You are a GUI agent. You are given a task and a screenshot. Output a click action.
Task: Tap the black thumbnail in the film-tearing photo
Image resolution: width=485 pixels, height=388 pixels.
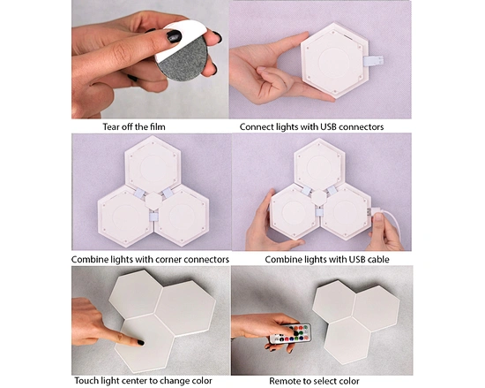tap(173, 36)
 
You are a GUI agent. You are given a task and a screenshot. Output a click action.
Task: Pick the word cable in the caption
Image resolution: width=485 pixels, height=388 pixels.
tap(372, 259)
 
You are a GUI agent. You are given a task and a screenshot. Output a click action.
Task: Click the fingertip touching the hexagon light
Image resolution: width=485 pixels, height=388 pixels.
tap(139, 341)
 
